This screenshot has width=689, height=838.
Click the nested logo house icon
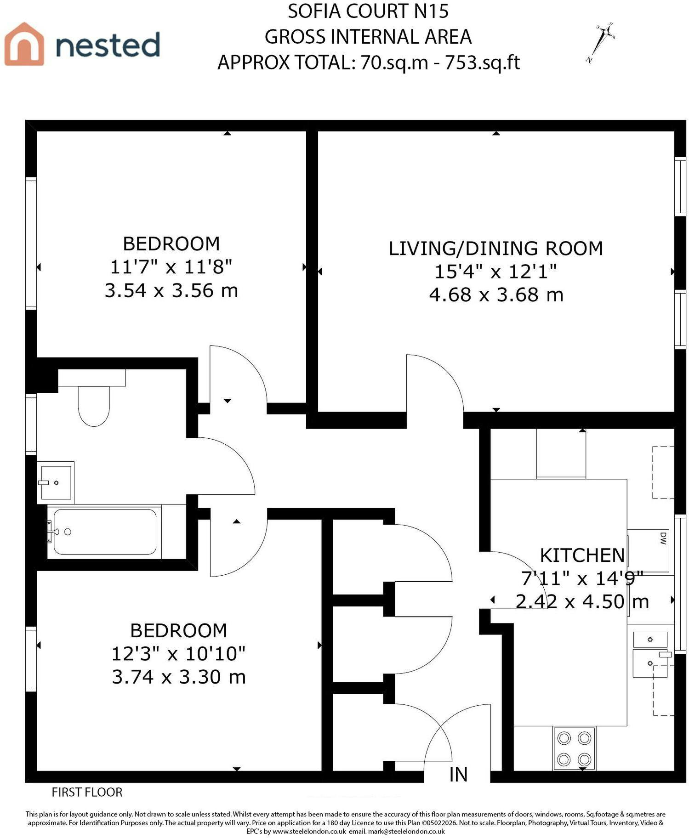click(24, 44)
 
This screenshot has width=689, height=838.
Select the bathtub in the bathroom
click(105, 532)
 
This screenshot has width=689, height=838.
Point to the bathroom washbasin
click(55, 482)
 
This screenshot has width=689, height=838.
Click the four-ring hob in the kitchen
click(574, 748)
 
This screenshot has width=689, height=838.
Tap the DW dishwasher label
click(663, 538)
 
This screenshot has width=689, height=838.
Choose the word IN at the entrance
click(458, 775)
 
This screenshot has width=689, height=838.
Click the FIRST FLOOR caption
click(87, 792)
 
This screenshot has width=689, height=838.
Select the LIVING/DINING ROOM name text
click(496, 248)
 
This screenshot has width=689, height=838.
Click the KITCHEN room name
click(582, 555)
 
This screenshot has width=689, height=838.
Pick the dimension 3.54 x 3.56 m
click(171, 290)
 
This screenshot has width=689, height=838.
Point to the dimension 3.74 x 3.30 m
click(179, 677)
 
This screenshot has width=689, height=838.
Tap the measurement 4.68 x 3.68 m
click(496, 294)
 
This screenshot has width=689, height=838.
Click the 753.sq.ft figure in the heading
click(483, 62)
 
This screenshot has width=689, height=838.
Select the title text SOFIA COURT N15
click(368, 11)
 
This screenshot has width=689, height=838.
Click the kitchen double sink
click(650, 654)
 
